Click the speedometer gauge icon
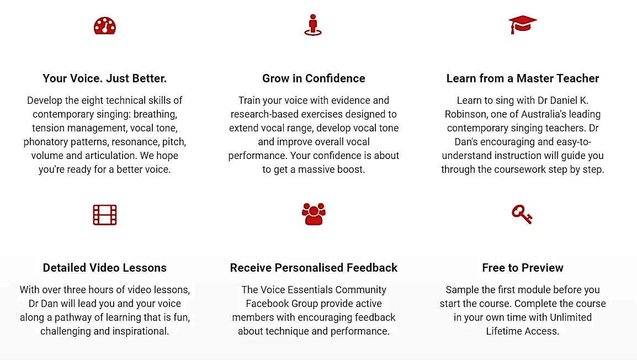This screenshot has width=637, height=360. pos(105,25)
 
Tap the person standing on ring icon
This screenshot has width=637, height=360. pos(313,25)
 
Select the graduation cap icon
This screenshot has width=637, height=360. pos(522,24)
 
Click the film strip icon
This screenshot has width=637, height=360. pos(105,215)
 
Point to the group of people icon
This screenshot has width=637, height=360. pos(314,214)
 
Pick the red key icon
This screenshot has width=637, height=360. pos(522,215)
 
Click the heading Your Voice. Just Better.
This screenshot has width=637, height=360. pos(105,78)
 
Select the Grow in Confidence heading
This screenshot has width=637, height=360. pos(314,78)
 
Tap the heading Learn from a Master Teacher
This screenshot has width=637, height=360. pos(523,78)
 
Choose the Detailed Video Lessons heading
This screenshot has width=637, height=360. pos(105,268)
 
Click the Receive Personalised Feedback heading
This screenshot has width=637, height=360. pos(314,268)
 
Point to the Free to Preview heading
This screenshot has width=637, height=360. pos(523,268)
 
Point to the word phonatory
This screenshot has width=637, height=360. pos(45,142)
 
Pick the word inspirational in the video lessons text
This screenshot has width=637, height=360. pos(141,331)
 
